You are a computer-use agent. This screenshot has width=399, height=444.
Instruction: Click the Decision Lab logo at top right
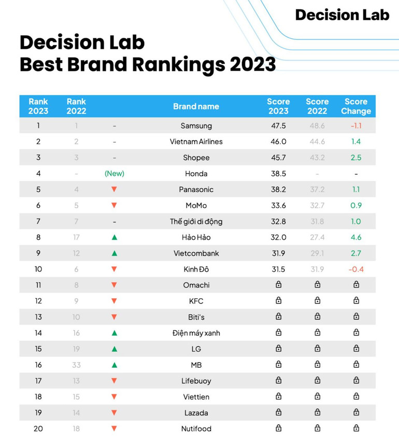342,15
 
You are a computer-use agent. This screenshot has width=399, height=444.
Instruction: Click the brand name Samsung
196,126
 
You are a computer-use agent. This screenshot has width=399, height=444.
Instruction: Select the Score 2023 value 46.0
278,142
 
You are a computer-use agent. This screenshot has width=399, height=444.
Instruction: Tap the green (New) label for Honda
115,174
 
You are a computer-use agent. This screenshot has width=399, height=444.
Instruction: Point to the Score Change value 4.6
356,238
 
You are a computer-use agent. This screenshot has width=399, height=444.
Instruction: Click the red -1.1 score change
356,126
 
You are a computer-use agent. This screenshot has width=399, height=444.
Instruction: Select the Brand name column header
196,106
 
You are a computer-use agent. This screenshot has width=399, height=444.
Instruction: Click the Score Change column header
356,106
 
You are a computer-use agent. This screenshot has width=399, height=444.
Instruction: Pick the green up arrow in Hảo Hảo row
115,238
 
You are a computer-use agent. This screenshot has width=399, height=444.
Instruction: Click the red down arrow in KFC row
115,301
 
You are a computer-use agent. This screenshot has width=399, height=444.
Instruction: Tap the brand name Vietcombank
196,254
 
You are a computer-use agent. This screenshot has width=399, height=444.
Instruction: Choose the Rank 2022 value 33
76,365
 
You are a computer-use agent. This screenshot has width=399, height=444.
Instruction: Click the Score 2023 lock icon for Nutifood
278,428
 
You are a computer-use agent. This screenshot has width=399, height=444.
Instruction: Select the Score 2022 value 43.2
317,158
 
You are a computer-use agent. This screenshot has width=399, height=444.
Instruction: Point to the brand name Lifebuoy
196,381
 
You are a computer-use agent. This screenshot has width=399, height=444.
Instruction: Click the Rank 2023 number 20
38,428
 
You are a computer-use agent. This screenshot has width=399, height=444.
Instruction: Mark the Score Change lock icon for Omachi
356,285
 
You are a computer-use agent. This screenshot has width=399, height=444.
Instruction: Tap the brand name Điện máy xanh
196,333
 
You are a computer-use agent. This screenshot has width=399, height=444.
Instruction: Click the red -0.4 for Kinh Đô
356,269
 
